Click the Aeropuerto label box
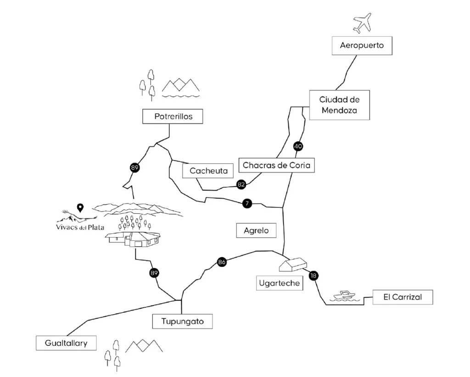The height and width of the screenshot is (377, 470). (362, 45)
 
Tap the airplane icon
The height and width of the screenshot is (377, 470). (362, 22)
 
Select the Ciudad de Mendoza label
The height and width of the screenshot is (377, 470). (339, 105)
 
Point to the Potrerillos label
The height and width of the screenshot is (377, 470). (173, 116)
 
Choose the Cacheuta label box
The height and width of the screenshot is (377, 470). (208, 171)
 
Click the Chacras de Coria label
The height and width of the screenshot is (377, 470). (276, 165)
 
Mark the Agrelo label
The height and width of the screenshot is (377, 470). (256, 230)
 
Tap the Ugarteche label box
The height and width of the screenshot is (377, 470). (279, 283)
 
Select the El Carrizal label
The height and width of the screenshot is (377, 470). (402, 297)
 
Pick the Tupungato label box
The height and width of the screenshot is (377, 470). (182, 322)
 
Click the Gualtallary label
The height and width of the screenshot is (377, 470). (66, 343)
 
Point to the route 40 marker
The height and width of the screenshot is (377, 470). (298, 147)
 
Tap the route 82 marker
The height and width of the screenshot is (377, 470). (241, 184)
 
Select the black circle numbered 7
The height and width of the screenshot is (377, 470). (247, 204)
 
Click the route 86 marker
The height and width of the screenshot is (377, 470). (222, 262)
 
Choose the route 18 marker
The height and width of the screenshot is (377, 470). (313, 276)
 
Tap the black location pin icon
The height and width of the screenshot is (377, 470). (80, 208)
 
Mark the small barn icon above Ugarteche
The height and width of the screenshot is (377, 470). (293, 265)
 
